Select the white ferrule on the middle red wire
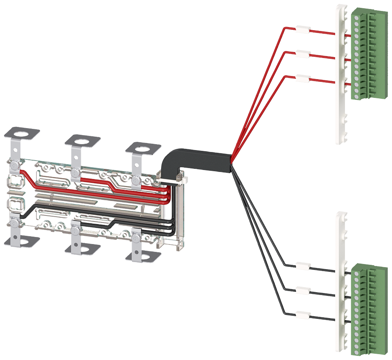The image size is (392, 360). click(x=302, y=54)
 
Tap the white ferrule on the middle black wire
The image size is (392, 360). click(x=302, y=291)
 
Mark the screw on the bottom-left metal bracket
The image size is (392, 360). click(x=14, y=223)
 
